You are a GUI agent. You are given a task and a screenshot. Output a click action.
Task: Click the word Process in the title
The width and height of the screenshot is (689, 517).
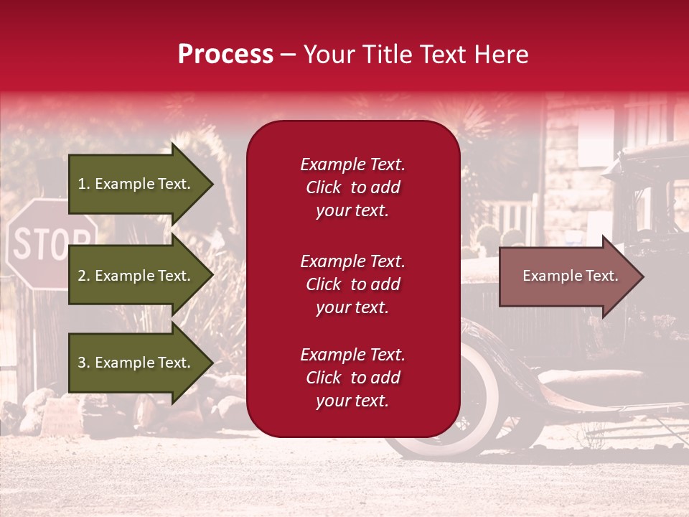click(x=225, y=55)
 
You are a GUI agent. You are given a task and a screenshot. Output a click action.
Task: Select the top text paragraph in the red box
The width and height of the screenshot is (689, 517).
click(x=352, y=187)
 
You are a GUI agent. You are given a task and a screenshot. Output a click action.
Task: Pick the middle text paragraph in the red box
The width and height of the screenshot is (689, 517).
click(x=352, y=284)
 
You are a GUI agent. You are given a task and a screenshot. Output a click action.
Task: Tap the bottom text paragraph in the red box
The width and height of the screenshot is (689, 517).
click(x=352, y=378)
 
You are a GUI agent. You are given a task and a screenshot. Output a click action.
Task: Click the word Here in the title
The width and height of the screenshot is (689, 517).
click(x=502, y=55)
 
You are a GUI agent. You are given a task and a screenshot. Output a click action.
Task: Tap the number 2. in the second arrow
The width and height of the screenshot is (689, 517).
click(x=84, y=276)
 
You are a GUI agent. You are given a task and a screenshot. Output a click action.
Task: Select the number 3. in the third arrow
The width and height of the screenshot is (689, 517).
click(x=84, y=363)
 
